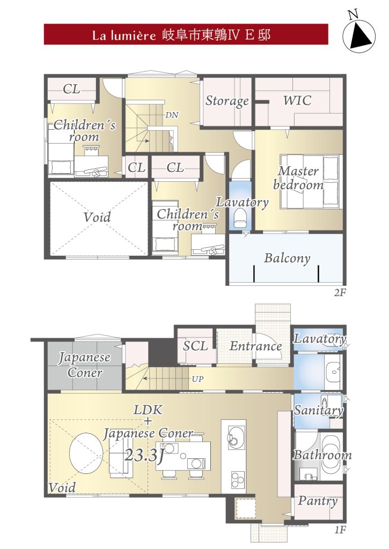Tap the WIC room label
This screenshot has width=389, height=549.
297,101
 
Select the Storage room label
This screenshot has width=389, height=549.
227,101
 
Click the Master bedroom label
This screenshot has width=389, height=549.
298,178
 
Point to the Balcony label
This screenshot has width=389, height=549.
287,258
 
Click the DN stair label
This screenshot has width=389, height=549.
172,115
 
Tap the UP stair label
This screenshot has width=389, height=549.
197,379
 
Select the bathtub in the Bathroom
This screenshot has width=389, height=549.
331,454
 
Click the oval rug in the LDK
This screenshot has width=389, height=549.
86,453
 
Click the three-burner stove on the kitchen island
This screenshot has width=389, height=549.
238,479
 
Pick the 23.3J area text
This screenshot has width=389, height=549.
145,455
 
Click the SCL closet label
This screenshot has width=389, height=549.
195,346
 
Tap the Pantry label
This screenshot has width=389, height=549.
318,501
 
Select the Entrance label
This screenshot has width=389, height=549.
256,346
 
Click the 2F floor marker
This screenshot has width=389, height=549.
340,293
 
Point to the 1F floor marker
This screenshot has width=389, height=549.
340,530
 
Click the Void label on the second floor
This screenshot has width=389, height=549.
97,217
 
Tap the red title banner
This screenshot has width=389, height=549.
186,34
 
